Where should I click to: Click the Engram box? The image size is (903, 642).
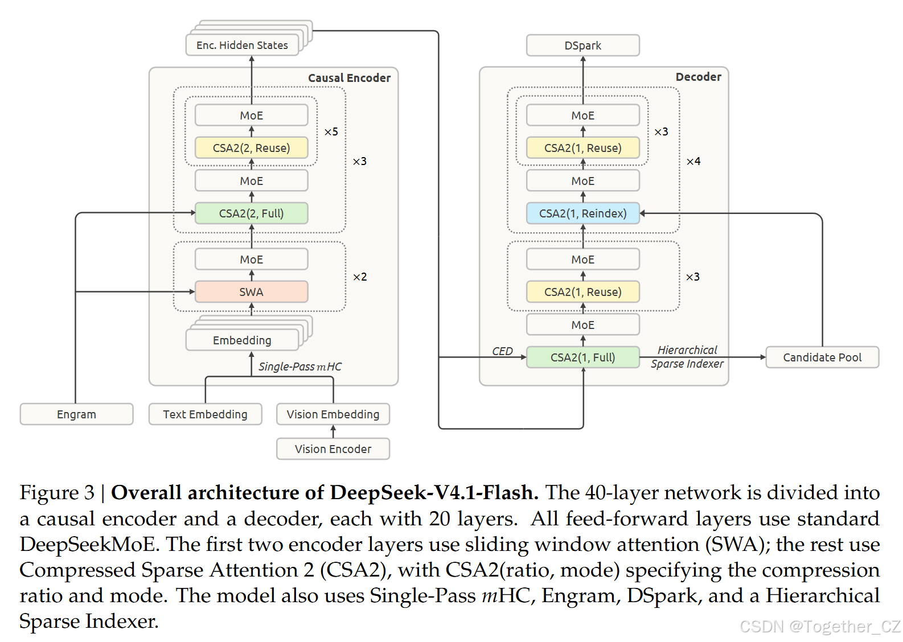77,414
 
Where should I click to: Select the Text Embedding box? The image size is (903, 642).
205,414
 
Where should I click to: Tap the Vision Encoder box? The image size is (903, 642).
333,448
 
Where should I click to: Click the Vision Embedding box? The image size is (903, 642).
333,414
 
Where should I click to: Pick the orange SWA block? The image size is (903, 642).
251,291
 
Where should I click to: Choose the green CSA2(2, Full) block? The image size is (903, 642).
251,213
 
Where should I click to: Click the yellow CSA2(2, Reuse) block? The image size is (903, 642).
251,147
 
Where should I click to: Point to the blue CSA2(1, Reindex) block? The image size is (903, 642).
583,213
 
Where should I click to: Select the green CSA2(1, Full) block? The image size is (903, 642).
583,357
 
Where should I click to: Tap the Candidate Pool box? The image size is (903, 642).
822,357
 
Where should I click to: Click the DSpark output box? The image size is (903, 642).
583,45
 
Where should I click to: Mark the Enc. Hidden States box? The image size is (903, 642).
243,45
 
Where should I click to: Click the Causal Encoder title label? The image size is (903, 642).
349,78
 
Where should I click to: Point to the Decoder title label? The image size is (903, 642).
699,77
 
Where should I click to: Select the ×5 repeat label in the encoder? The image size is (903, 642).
331,132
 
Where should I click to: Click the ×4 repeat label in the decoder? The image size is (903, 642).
693,161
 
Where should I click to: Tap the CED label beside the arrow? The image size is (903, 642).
502,351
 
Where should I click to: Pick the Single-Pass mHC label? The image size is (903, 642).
300,367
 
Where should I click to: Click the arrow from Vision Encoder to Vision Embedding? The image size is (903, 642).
333,431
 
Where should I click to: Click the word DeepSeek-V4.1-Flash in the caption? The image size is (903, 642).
434,492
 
